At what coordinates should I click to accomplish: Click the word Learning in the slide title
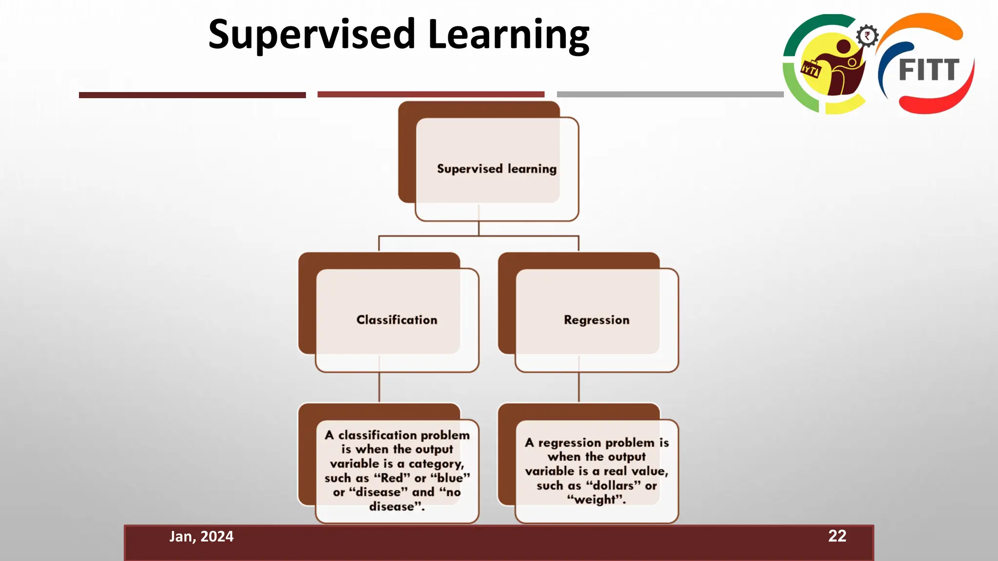[x=509, y=35]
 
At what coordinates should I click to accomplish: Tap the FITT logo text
[x=929, y=70]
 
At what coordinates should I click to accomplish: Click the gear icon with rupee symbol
[x=867, y=36]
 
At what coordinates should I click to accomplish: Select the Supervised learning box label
[x=496, y=168]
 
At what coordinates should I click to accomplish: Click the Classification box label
[x=397, y=320]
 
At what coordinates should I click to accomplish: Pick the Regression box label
[x=596, y=320]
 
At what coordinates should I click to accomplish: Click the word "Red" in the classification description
[x=392, y=478]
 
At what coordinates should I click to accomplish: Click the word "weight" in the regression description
[x=596, y=500]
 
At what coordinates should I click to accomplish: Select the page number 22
[x=837, y=536]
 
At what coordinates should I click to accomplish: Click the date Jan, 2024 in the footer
[x=201, y=536]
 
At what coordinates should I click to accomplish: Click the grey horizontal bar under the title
[x=670, y=94]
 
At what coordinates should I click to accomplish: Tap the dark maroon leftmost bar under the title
[x=192, y=95]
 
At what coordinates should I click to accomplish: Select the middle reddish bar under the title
[x=431, y=94]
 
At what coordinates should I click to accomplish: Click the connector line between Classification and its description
[x=379, y=387]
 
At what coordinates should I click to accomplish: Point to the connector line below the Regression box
[x=579, y=387]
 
